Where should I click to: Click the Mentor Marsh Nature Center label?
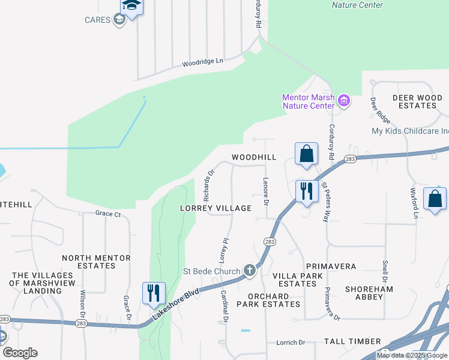point(309,101)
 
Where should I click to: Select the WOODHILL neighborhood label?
point(255,157)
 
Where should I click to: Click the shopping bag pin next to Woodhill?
point(306,154)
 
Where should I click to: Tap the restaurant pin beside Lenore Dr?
point(307,191)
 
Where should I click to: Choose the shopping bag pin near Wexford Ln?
point(435,199)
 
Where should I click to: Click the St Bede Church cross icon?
point(250,271)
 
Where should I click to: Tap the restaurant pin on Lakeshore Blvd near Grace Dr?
point(154,293)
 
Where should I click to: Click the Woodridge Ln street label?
point(202,61)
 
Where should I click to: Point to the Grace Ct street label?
point(108,214)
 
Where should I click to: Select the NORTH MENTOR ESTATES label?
point(96,262)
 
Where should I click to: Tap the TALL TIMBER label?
point(352,341)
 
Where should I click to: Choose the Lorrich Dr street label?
point(291,343)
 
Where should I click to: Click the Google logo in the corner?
point(20,352)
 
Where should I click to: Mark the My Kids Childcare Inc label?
point(411,131)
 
